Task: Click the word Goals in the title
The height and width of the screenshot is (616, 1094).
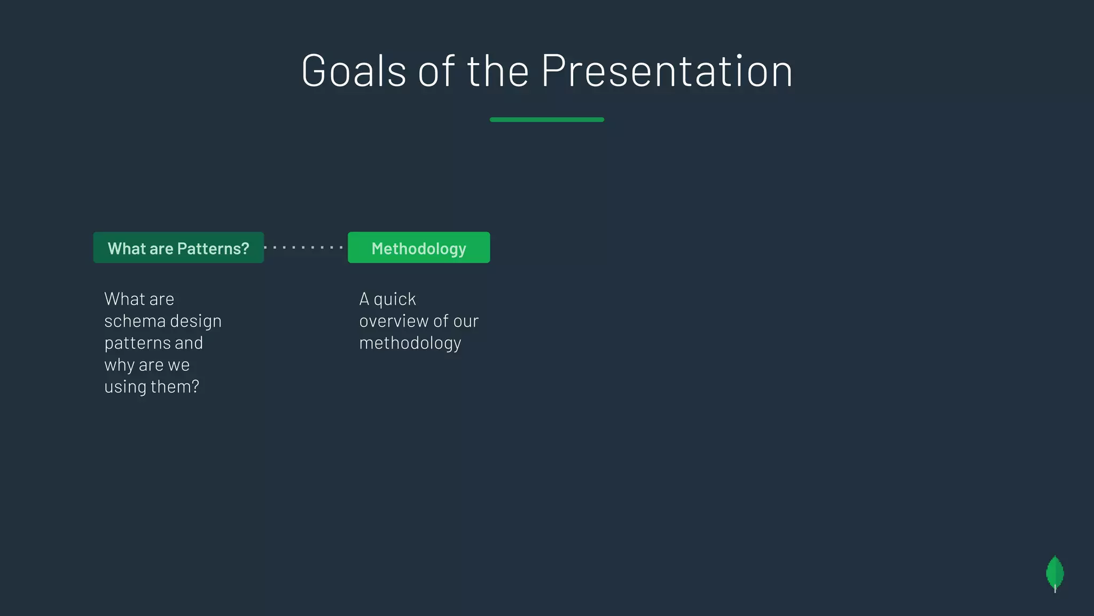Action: click(x=354, y=71)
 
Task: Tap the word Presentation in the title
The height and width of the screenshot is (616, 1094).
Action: click(x=667, y=71)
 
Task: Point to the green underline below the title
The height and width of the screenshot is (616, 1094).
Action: click(x=546, y=120)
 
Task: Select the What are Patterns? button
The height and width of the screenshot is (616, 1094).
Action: click(x=178, y=248)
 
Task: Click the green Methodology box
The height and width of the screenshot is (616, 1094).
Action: click(x=419, y=248)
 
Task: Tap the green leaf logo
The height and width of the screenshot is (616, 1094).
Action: click(x=1054, y=573)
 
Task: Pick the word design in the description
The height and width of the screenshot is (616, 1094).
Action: click(x=196, y=321)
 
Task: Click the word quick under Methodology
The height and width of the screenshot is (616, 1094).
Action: click(x=395, y=299)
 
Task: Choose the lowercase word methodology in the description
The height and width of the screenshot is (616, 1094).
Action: click(x=410, y=343)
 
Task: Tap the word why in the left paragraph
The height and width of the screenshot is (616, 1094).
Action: click(x=119, y=365)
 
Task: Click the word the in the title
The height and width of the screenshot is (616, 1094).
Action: click(x=498, y=71)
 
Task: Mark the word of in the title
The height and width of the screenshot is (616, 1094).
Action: click(x=436, y=71)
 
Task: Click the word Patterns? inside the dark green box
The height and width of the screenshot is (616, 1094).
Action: click(x=213, y=249)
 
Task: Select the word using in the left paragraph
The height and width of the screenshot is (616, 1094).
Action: click(x=125, y=387)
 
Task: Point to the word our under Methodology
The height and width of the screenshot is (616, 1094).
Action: click(x=466, y=321)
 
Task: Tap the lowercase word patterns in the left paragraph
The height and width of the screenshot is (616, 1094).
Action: click(x=137, y=343)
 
